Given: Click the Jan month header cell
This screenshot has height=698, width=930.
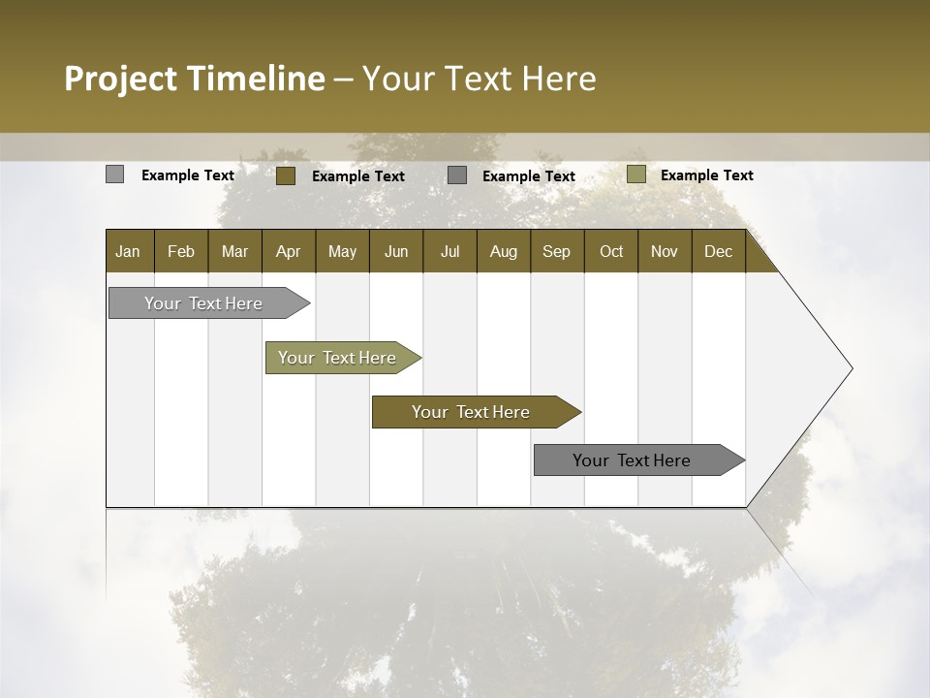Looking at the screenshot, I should point(129,251).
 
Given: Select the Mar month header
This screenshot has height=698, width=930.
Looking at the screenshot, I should point(234,251).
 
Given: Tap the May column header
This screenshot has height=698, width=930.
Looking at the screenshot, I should point(342,251).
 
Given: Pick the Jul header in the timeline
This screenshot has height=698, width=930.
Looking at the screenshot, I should point(449,251).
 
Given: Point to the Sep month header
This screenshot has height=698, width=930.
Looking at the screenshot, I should point(556,251).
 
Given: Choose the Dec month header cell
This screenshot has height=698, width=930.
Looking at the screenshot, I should point(718,251).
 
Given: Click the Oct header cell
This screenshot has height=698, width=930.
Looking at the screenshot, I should point(611,251).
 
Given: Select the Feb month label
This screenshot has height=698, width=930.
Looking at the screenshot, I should point(181,251).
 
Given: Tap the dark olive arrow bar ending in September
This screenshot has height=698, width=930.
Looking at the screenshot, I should point(472,412).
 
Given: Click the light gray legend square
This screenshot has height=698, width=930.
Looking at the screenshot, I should point(114,174).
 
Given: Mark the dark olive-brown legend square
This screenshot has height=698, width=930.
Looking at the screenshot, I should point(286,175).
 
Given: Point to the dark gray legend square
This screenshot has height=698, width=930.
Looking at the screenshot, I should point(457,175).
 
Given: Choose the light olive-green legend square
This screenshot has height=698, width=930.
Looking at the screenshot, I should point(635,174).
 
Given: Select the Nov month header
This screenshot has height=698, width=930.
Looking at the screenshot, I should point(665,251).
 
